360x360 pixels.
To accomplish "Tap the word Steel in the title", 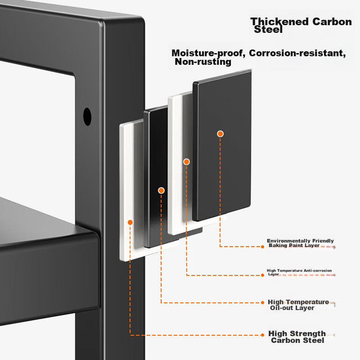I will (268, 30).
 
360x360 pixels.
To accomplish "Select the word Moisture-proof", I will (207, 53).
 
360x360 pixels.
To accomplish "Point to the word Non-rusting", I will (202, 62).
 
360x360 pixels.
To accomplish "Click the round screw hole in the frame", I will (87, 117).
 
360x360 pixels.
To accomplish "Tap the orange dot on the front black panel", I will (220, 134).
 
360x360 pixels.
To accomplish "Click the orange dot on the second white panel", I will (186, 162).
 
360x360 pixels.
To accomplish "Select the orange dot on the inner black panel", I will (161, 190).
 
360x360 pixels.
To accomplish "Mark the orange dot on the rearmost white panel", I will (130, 222).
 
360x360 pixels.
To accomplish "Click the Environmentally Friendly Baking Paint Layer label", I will (300, 243).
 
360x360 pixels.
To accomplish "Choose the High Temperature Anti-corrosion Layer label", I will (299, 272).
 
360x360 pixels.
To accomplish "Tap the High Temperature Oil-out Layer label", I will (298, 305).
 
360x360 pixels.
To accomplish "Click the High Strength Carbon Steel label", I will (297, 337).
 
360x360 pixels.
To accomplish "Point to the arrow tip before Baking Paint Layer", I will (263, 247).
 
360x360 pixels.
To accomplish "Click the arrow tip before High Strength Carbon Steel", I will (263, 335).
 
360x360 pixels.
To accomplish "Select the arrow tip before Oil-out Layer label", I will (263, 302).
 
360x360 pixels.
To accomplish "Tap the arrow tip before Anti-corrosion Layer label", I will (263, 275).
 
